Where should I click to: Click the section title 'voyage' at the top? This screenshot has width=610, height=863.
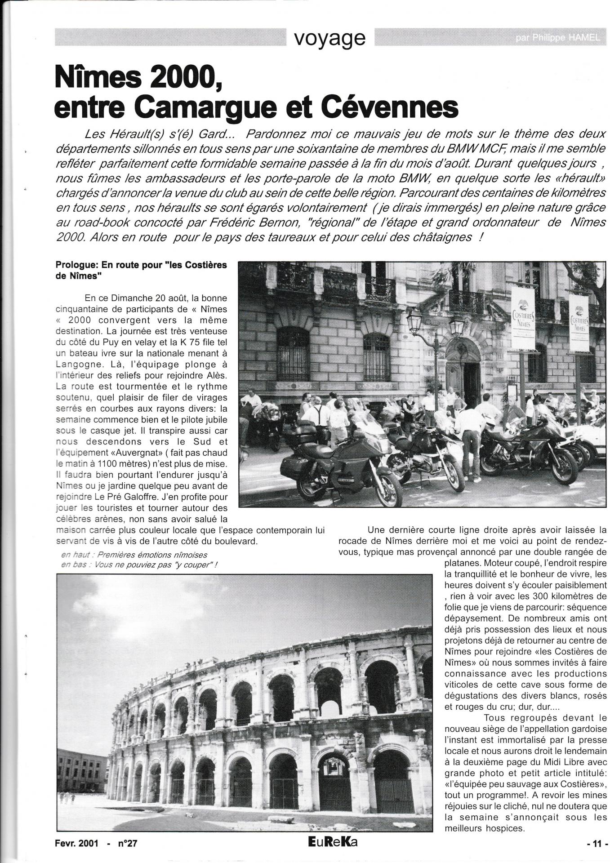pyautogui.click(x=329, y=38)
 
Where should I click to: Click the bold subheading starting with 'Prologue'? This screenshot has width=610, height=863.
pyautogui.click(x=141, y=270)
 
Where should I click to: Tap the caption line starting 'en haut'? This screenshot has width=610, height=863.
pyautogui.click(x=134, y=555)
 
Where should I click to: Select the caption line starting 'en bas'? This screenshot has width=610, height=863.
pyautogui.click(x=139, y=565)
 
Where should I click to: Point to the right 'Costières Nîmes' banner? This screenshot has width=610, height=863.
pyautogui.click(x=579, y=323)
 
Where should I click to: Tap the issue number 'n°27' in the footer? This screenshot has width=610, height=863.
pyautogui.click(x=128, y=844)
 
